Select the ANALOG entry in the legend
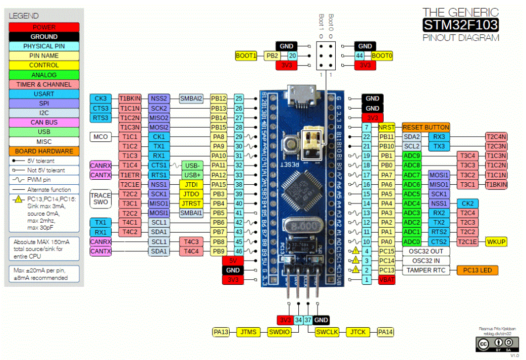click(x=43, y=75)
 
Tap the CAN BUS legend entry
click(x=43, y=122)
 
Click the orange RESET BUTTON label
click(x=426, y=127)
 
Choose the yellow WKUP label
click(x=497, y=241)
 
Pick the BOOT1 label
click(x=246, y=56)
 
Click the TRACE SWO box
click(x=100, y=198)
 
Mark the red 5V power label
click(x=233, y=261)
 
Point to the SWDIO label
click(x=279, y=332)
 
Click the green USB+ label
click(x=192, y=175)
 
